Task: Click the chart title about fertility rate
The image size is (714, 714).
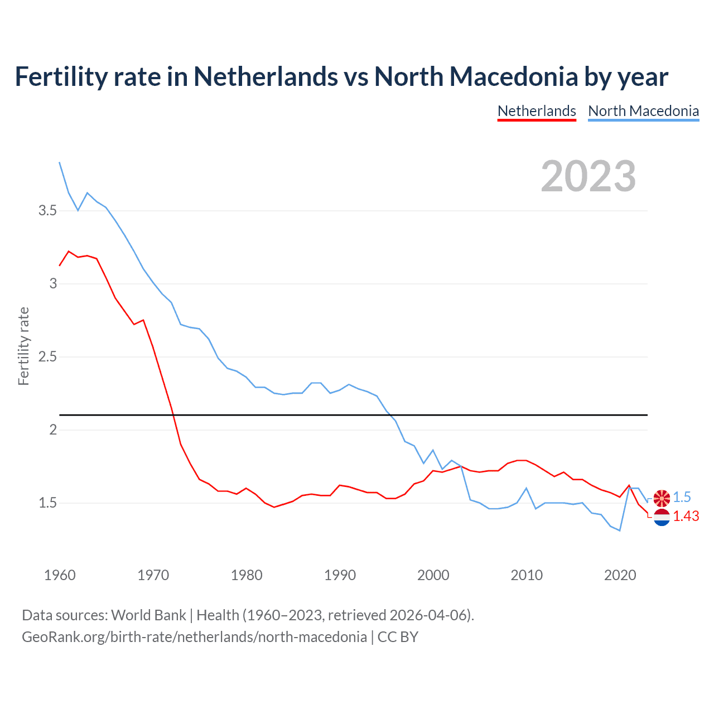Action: tap(341, 77)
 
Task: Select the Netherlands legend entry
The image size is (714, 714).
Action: tap(537, 111)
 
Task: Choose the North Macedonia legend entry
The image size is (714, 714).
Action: tap(643, 111)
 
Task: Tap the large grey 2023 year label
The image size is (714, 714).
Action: tap(588, 176)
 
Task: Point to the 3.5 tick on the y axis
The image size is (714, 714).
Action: tap(47, 211)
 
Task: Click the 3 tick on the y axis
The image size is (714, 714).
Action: tap(53, 284)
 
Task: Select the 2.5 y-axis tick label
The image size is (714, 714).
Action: tap(47, 357)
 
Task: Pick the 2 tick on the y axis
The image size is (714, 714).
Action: tap(53, 430)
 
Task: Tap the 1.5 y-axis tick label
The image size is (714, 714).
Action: tap(47, 503)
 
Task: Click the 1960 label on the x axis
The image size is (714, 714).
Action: tap(60, 575)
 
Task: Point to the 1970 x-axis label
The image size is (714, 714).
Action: tap(153, 575)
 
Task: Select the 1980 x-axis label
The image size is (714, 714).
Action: tap(247, 575)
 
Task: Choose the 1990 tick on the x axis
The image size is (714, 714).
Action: tap(340, 575)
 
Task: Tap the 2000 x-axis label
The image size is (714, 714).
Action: tap(433, 575)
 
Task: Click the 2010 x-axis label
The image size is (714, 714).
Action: tap(527, 575)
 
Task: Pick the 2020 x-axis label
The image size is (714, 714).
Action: tap(620, 575)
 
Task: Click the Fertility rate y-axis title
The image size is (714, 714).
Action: tap(23, 346)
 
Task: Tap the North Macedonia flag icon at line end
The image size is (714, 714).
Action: tap(662, 498)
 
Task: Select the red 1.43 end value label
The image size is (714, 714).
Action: tap(686, 517)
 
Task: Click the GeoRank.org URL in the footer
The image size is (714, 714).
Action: tap(194, 637)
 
